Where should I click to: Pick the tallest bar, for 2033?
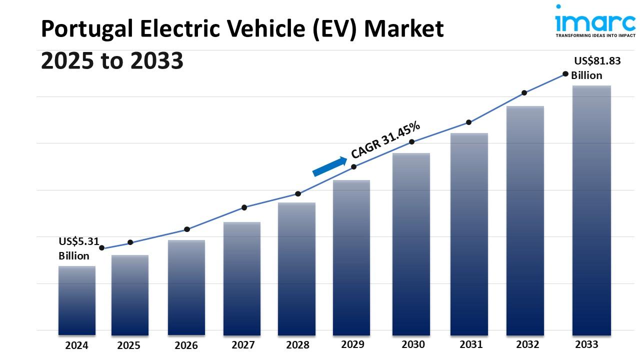[591, 210]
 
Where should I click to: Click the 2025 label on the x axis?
[128, 345]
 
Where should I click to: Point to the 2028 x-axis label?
[297, 345]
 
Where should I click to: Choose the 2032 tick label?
[527, 344]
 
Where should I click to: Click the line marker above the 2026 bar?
[187, 229]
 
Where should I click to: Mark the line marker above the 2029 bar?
[353, 166]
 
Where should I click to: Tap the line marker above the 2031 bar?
[468, 122]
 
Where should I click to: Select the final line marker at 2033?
[565, 73]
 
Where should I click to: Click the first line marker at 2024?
[102, 248]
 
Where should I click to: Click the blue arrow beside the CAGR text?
[329, 166]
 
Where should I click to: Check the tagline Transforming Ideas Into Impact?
[595, 36]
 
